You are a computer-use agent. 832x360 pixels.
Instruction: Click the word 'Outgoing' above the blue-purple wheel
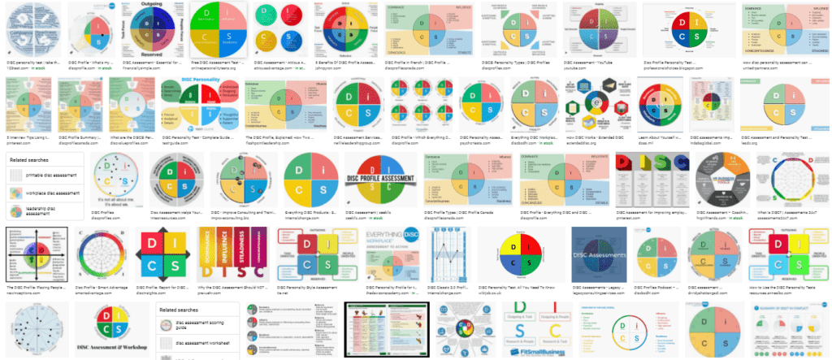click(147, 5)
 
